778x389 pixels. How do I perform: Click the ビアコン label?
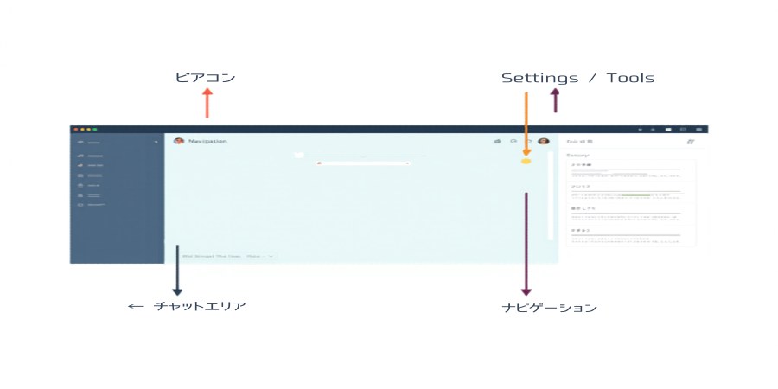point(205,78)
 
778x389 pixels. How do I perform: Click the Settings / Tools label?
point(577,78)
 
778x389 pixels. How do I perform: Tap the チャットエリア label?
point(200,306)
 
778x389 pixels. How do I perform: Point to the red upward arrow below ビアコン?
point(207,105)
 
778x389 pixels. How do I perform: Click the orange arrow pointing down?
point(526,121)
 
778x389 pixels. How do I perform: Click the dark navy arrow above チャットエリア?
point(177,270)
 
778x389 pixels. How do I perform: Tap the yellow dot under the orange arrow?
point(526,161)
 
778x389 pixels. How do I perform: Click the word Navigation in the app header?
point(207,141)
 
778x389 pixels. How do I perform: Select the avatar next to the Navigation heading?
point(179,141)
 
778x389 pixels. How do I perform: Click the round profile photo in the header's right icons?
point(544,141)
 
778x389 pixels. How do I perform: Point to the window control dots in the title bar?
point(84,129)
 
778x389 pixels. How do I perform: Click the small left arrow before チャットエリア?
point(134,306)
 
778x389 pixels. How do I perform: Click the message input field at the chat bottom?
point(225,256)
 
